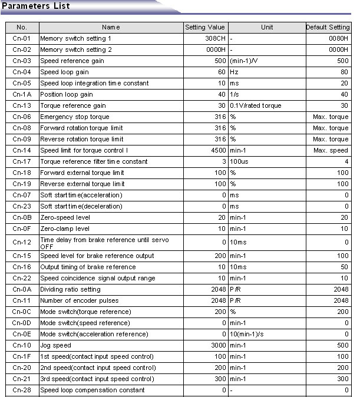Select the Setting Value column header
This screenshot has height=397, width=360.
[205, 27]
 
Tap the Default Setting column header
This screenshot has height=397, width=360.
[328, 27]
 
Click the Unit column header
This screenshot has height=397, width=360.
[267, 27]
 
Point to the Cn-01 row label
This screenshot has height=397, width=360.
[22, 38]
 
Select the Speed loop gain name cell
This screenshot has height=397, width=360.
[65, 72]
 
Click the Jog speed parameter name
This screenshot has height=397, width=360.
[55, 345]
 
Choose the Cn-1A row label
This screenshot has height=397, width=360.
[22, 94]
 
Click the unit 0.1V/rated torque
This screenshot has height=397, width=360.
[256, 105]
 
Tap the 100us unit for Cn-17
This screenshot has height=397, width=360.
[240, 161]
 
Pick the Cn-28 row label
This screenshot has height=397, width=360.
[22, 390]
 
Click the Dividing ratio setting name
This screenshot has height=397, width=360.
[70, 289]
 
